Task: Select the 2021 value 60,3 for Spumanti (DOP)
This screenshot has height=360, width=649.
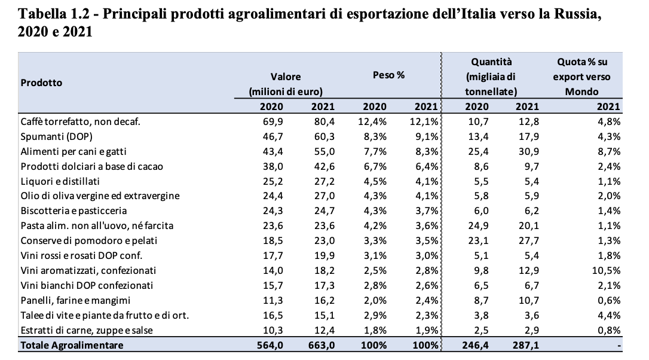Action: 322,136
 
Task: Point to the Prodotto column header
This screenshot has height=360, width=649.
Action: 41,83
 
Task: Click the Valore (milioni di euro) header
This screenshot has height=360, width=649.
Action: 285,84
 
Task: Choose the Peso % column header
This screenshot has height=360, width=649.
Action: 389,75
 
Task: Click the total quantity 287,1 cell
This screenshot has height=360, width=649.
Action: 526,344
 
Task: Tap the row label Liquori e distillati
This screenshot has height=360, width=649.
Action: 60,181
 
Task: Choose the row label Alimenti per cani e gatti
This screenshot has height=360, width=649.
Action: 74,151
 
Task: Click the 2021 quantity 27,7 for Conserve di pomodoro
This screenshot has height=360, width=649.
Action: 527,240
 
